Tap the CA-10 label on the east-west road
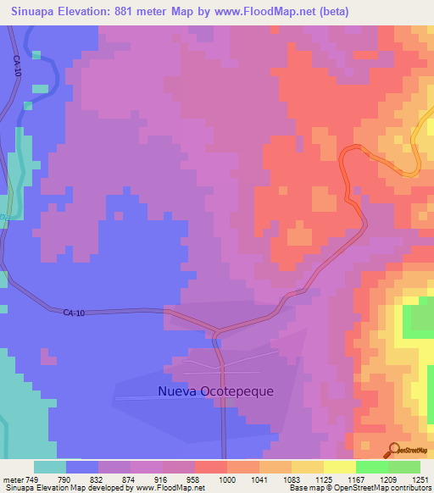click(75, 313)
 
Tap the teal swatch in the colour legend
click(49, 466)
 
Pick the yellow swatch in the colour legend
click(339, 466)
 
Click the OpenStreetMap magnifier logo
click(395, 450)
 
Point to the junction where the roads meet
click(216, 331)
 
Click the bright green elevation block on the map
click(417, 320)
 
